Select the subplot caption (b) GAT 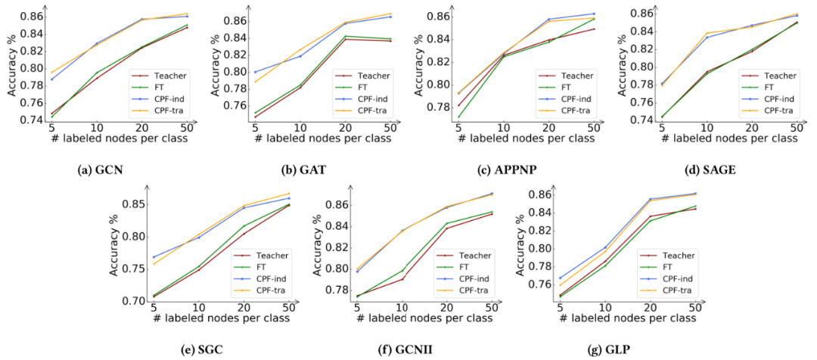click(305, 169)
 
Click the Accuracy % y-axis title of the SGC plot click(116, 246)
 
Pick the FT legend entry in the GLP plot click(669, 267)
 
